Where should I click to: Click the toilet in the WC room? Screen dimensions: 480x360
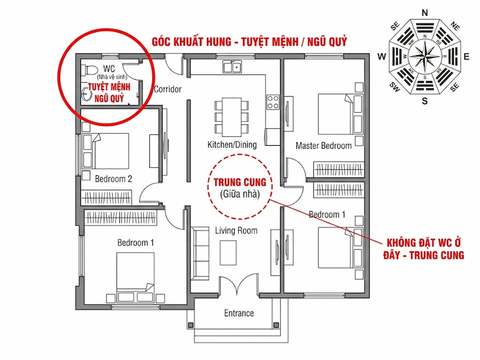pyautogui.click(x=89, y=70)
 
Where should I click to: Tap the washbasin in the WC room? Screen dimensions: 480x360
pyautogui.click(x=86, y=94)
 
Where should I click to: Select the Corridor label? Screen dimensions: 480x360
pyautogui.click(x=167, y=89)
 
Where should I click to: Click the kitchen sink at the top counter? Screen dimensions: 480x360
pyautogui.click(x=232, y=67)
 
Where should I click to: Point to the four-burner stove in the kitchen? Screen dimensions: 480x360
pyautogui.click(x=273, y=102)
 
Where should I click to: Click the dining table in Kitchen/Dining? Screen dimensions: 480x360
pyautogui.click(x=232, y=117)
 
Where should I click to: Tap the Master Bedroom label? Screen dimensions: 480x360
pyautogui.click(x=323, y=145)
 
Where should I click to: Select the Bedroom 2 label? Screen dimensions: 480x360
pyautogui.click(x=113, y=178)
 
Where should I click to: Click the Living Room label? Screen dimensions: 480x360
pyautogui.click(x=236, y=230)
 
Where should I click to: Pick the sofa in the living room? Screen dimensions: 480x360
pyautogui.click(x=200, y=253)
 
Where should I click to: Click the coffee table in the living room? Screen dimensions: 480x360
pyautogui.click(x=228, y=253)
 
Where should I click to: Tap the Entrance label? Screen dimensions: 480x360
pyautogui.click(x=239, y=313)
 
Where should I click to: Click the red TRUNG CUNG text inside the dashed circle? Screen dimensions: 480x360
pyautogui.click(x=239, y=182)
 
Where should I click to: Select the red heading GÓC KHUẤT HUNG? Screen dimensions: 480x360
pyautogui.click(x=191, y=41)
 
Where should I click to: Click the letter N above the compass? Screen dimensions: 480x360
pyautogui.click(x=425, y=13)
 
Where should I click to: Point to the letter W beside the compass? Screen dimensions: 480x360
pyautogui.click(x=382, y=56)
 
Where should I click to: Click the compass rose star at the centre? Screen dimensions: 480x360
pyautogui.click(x=425, y=56)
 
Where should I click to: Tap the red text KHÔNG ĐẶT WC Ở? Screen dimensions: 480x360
pyautogui.click(x=424, y=243)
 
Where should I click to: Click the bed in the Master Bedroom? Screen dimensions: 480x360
pyautogui.click(x=340, y=114)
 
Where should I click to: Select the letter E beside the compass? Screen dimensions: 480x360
pyautogui.click(x=467, y=56)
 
